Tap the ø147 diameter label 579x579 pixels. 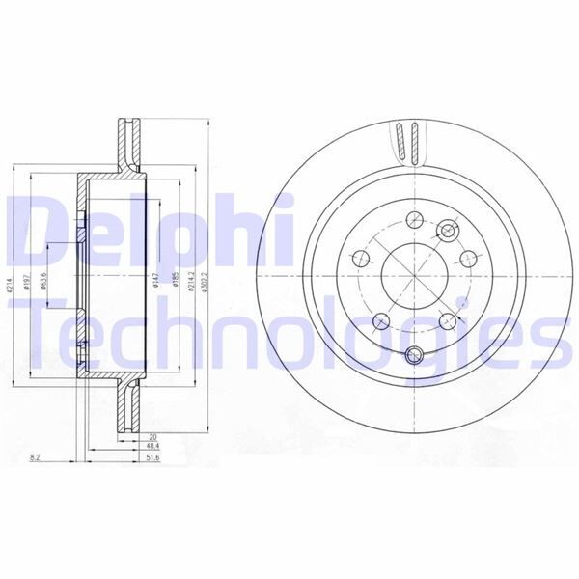[x=158, y=282]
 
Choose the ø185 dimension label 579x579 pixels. [x=177, y=282]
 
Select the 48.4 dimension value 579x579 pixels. [x=126, y=447]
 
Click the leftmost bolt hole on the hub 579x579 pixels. [x=359, y=259]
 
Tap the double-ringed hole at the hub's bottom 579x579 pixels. [x=414, y=353]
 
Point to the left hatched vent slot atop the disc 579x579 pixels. [x=400, y=143]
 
